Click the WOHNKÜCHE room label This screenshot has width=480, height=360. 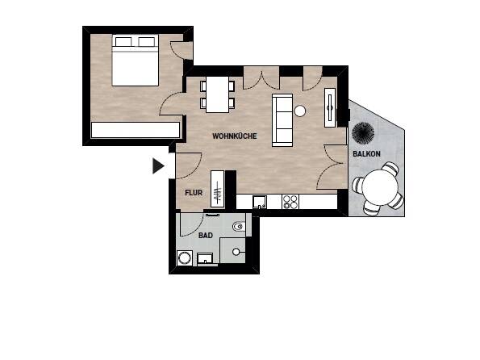[234, 136]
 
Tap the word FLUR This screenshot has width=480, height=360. [193, 193]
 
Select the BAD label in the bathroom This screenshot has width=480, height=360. [207, 237]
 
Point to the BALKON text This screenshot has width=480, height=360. [366, 153]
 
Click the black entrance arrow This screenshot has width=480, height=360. [158, 165]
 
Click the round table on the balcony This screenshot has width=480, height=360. [378, 189]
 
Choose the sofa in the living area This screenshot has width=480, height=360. [282, 120]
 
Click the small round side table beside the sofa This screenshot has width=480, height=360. [300, 111]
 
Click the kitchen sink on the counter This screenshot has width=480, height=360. [259, 203]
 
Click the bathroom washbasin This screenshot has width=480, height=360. [207, 258]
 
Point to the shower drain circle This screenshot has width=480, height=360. [236, 252]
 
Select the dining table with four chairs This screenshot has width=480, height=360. [217, 94]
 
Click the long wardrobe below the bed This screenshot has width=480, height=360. [135, 129]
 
